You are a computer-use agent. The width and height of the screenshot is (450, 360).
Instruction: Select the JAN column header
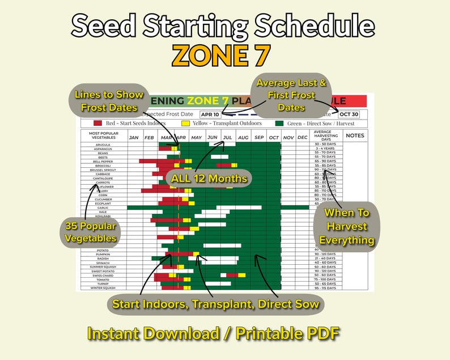[134, 138]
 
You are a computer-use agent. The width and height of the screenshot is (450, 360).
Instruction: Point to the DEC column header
[302, 138]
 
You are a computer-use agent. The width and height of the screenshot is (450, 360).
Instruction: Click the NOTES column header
[355, 135]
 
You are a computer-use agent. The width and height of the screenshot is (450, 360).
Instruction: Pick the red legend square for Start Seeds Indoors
[98, 123]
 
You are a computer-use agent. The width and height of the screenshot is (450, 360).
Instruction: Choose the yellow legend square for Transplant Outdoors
[185, 123]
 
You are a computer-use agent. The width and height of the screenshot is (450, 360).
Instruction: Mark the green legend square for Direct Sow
[279, 123]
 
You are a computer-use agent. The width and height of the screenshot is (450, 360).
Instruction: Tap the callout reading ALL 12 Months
[209, 179]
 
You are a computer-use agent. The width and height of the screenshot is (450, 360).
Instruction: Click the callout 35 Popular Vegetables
[91, 232]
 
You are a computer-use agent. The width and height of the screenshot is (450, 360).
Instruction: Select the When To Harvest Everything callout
[346, 227]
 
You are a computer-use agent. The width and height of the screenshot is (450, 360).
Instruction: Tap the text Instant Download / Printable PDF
[213, 334]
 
